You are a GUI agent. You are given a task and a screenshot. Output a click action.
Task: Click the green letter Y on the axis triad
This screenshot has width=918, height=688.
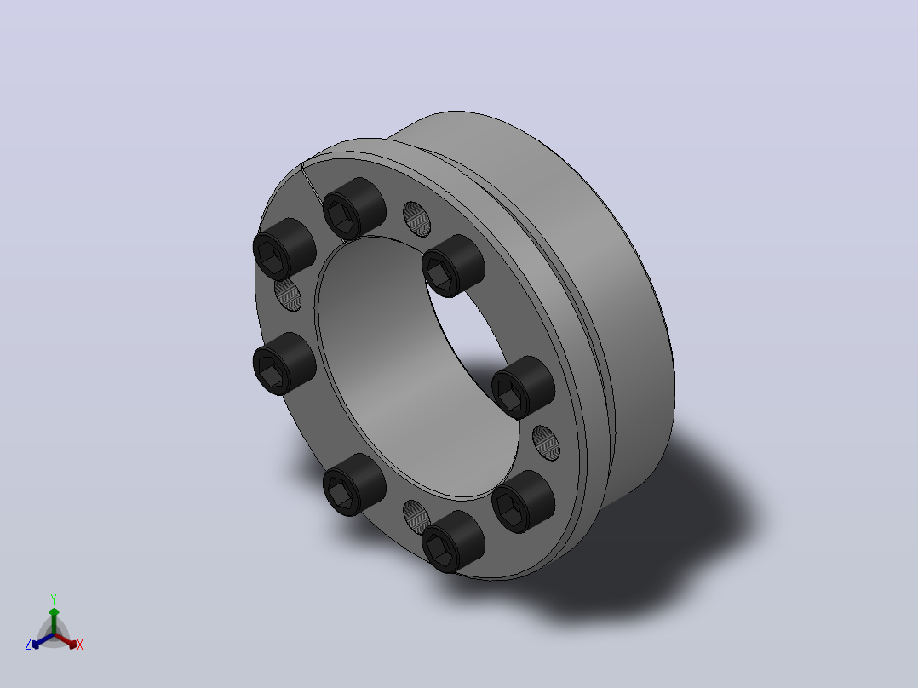coord(54,599)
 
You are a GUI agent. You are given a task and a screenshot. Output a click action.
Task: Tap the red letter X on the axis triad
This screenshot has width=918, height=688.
coord(80,645)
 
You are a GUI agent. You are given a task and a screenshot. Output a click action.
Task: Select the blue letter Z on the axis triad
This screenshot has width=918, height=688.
coord(28,645)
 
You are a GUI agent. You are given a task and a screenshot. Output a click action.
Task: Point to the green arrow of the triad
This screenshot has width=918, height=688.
coord(54,621)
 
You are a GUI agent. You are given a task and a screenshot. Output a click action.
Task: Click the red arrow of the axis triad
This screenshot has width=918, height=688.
coord(66,640)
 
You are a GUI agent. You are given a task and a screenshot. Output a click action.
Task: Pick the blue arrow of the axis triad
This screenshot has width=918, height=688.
coord(43,640)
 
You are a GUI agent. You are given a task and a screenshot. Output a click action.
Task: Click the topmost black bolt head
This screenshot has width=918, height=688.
coord(353,209)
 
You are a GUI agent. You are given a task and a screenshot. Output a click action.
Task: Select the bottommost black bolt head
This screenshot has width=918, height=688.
coord(452,541)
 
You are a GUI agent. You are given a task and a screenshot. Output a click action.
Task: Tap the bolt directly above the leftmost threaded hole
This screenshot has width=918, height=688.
coord(284,249)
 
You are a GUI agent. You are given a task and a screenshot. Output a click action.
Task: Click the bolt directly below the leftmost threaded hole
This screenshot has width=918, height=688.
coord(284,364)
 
